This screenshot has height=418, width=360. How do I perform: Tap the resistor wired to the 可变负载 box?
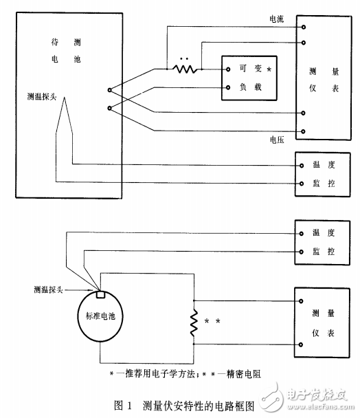point(183,69)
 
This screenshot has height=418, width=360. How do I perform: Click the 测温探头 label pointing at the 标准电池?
point(48,289)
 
